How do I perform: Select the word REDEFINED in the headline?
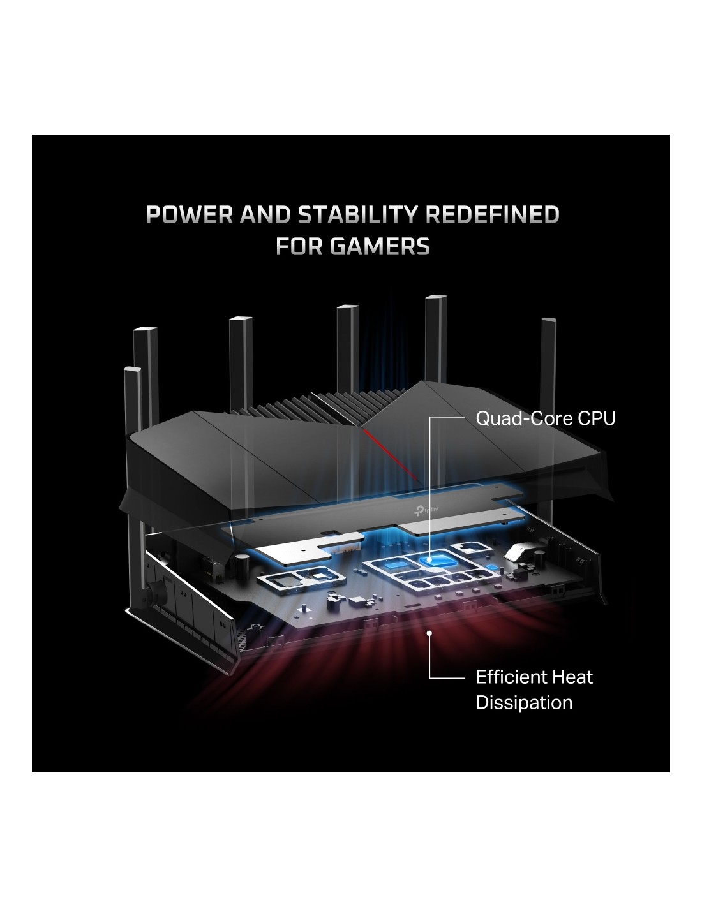(x=492, y=215)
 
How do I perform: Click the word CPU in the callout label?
(x=597, y=418)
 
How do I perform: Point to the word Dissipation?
(x=524, y=702)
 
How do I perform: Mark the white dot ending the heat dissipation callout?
(x=429, y=633)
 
